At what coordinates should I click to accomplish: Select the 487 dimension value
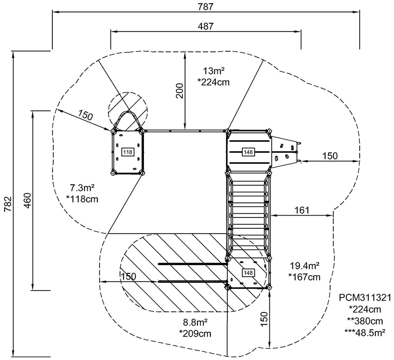tap(205, 26)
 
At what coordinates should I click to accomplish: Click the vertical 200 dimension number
tap(179, 90)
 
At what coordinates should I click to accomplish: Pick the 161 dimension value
tap(302, 210)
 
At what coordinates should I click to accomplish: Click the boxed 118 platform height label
tap(128, 152)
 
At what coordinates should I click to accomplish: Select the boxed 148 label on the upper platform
tap(248, 152)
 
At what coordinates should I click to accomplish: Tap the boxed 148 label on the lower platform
tap(248, 273)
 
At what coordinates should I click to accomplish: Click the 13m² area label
tap(214, 71)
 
